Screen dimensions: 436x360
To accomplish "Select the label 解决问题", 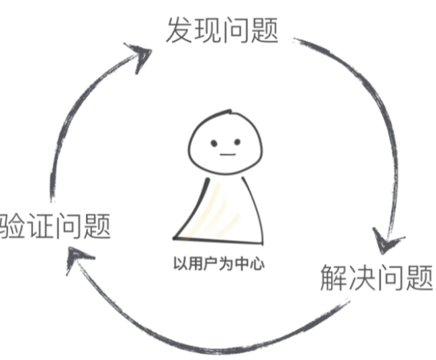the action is (x=376, y=277).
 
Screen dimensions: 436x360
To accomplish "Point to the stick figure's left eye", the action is (x=213, y=143).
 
